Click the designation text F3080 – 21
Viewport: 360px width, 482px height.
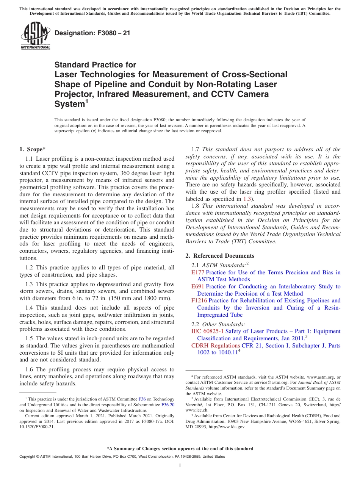click(x=92, y=33)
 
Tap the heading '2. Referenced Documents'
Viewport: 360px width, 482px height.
click(x=220, y=255)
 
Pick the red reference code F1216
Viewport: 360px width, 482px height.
click(x=199, y=300)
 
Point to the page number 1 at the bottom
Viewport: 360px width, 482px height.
click(x=180, y=466)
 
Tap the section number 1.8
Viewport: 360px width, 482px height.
click(x=196, y=206)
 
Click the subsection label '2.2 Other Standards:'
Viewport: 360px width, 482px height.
click(x=218, y=324)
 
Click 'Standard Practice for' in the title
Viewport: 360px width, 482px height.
click(x=95, y=65)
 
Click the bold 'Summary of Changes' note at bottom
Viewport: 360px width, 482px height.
click(x=180, y=449)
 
